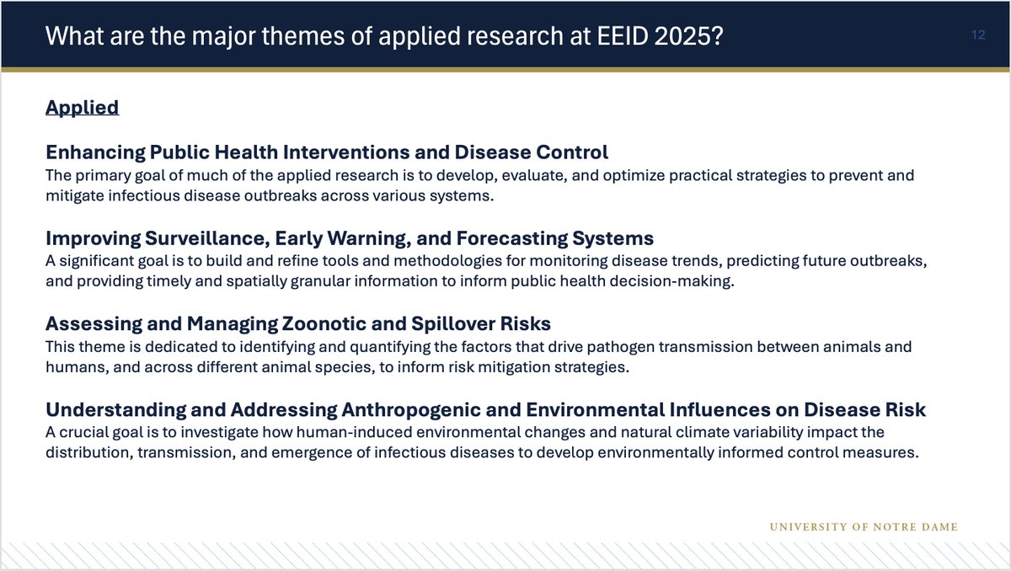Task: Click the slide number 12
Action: click(x=978, y=36)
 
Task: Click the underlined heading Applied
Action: click(x=82, y=108)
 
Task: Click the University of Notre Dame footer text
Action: click(x=864, y=527)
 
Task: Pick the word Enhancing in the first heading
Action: click(x=94, y=152)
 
